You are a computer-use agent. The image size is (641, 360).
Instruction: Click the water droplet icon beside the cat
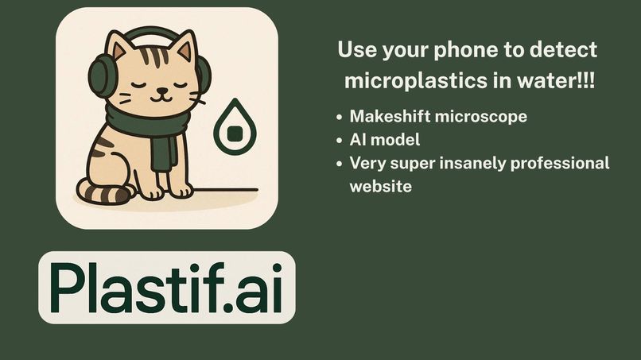(x=233, y=127)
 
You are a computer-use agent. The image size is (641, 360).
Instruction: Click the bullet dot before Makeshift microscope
(x=340, y=117)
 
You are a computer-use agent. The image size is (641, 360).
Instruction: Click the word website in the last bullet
(x=380, y=187)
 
